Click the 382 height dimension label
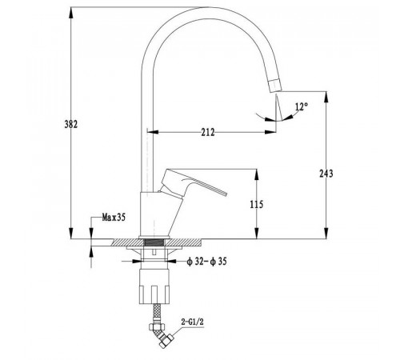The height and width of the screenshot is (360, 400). click(x=71, y=125)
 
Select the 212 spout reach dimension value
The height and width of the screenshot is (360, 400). click(x=208, y=132)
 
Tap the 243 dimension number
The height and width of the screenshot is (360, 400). click(x=326, y=174)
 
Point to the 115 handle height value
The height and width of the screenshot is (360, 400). click(x=257, y=205)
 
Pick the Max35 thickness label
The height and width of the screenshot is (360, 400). click(x=114, y=218)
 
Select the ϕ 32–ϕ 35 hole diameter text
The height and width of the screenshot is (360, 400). click(x=206, y=262)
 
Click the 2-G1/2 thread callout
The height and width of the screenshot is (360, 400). click(x=193, y=322)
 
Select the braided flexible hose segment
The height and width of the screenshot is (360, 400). click(x=157, y=314)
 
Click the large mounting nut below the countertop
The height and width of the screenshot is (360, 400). click(x=154, y=286)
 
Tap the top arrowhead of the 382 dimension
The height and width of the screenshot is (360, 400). click(x=71, y=13)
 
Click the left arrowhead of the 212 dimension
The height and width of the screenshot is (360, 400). click(x=153, y=132)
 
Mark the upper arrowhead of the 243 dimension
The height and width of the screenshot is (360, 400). click(x=326, y=97)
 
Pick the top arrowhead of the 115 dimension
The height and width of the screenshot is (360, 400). click(x=257, y=174)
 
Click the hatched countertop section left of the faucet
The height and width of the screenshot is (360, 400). click(x=128, y=242)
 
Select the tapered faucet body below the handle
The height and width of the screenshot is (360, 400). click(x=159, y=214)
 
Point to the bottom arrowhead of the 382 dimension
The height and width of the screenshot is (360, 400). click(x=71, y=234)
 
